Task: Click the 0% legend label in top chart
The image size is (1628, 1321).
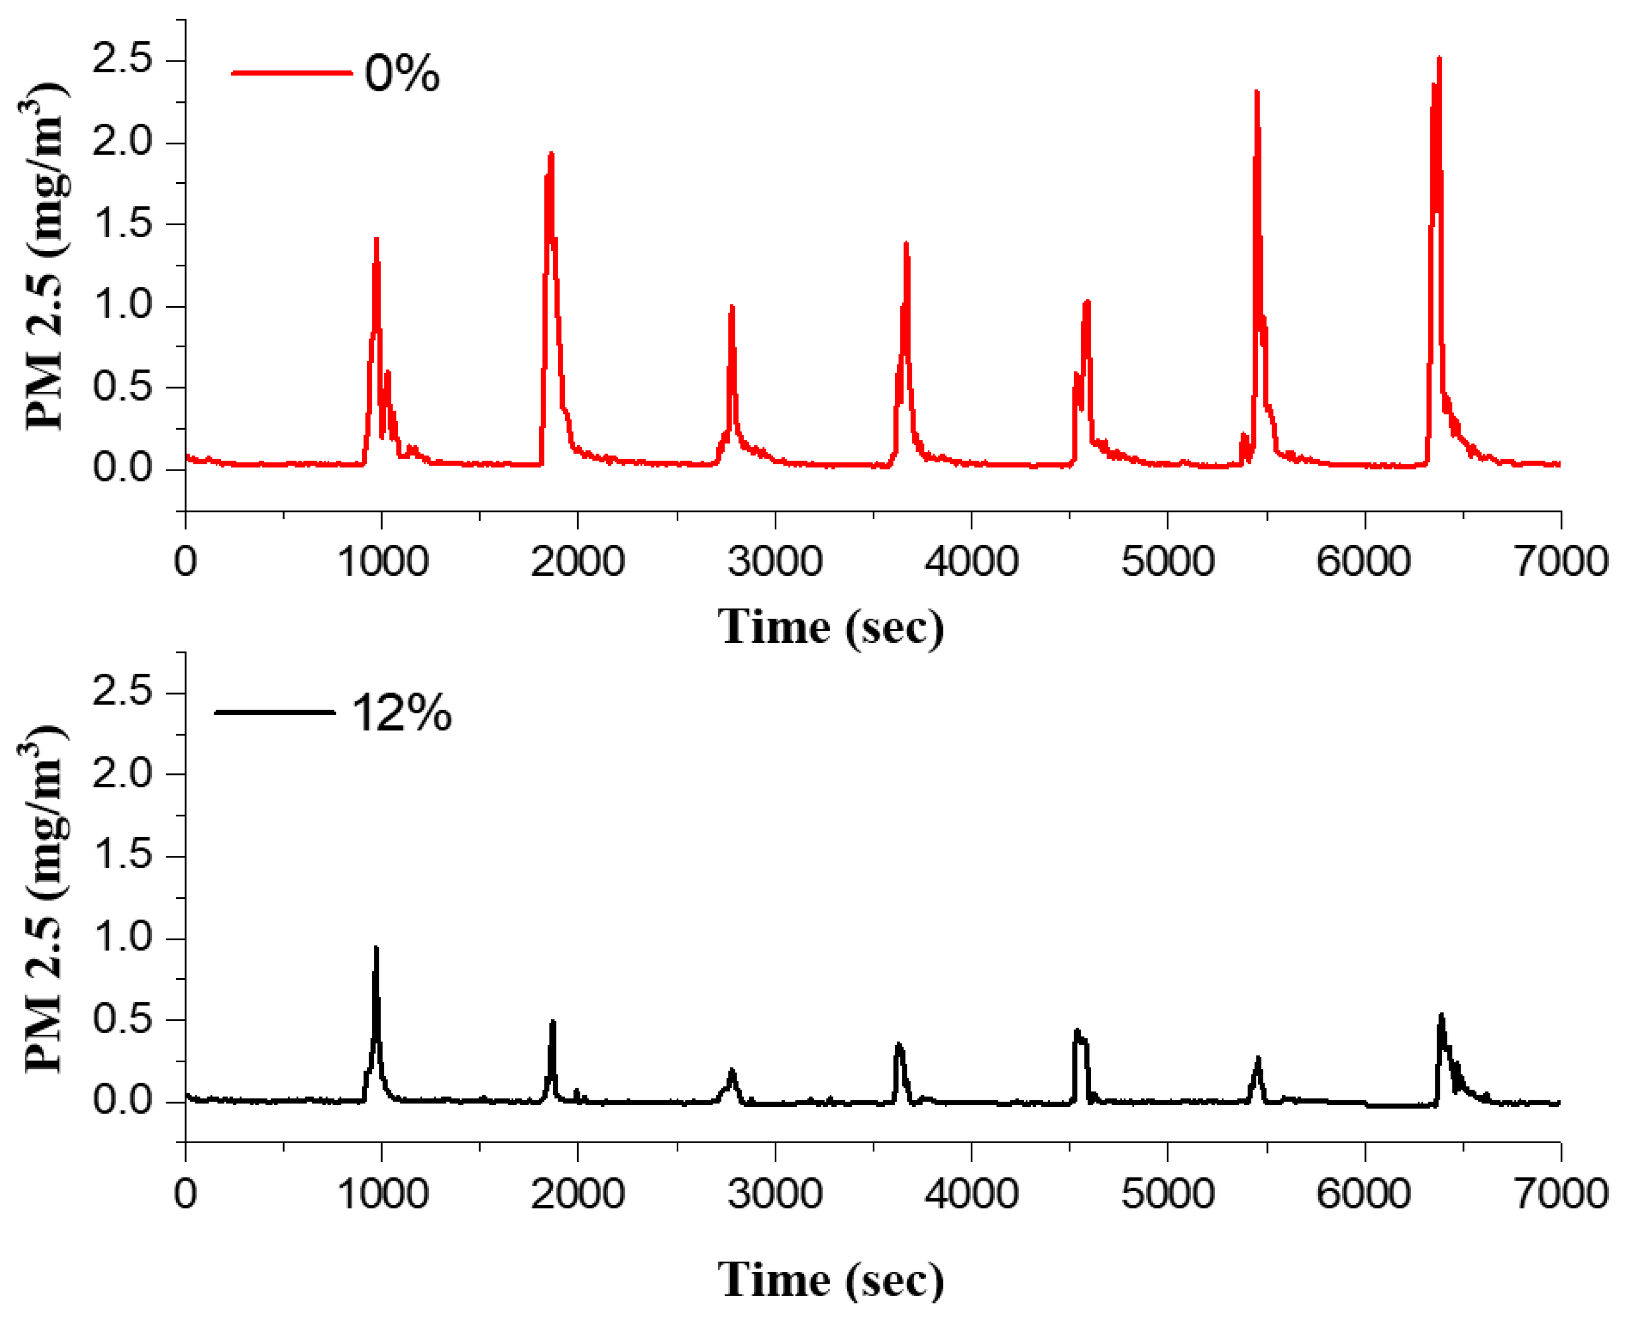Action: coord(402,74)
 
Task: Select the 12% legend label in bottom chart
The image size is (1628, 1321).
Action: coord(401,714)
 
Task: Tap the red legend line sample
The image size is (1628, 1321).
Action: coord(291,74)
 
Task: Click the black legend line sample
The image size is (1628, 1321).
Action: coord(275,713)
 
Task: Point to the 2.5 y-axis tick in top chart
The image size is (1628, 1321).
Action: coord(122,59)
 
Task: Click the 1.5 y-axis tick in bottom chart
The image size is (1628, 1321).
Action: coord(122,856)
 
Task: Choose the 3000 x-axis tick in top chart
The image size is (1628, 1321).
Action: coord(774,561)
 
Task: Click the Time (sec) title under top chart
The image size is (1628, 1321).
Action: coord(830,628)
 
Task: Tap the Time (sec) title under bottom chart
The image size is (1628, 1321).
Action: coord(830,1280)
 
